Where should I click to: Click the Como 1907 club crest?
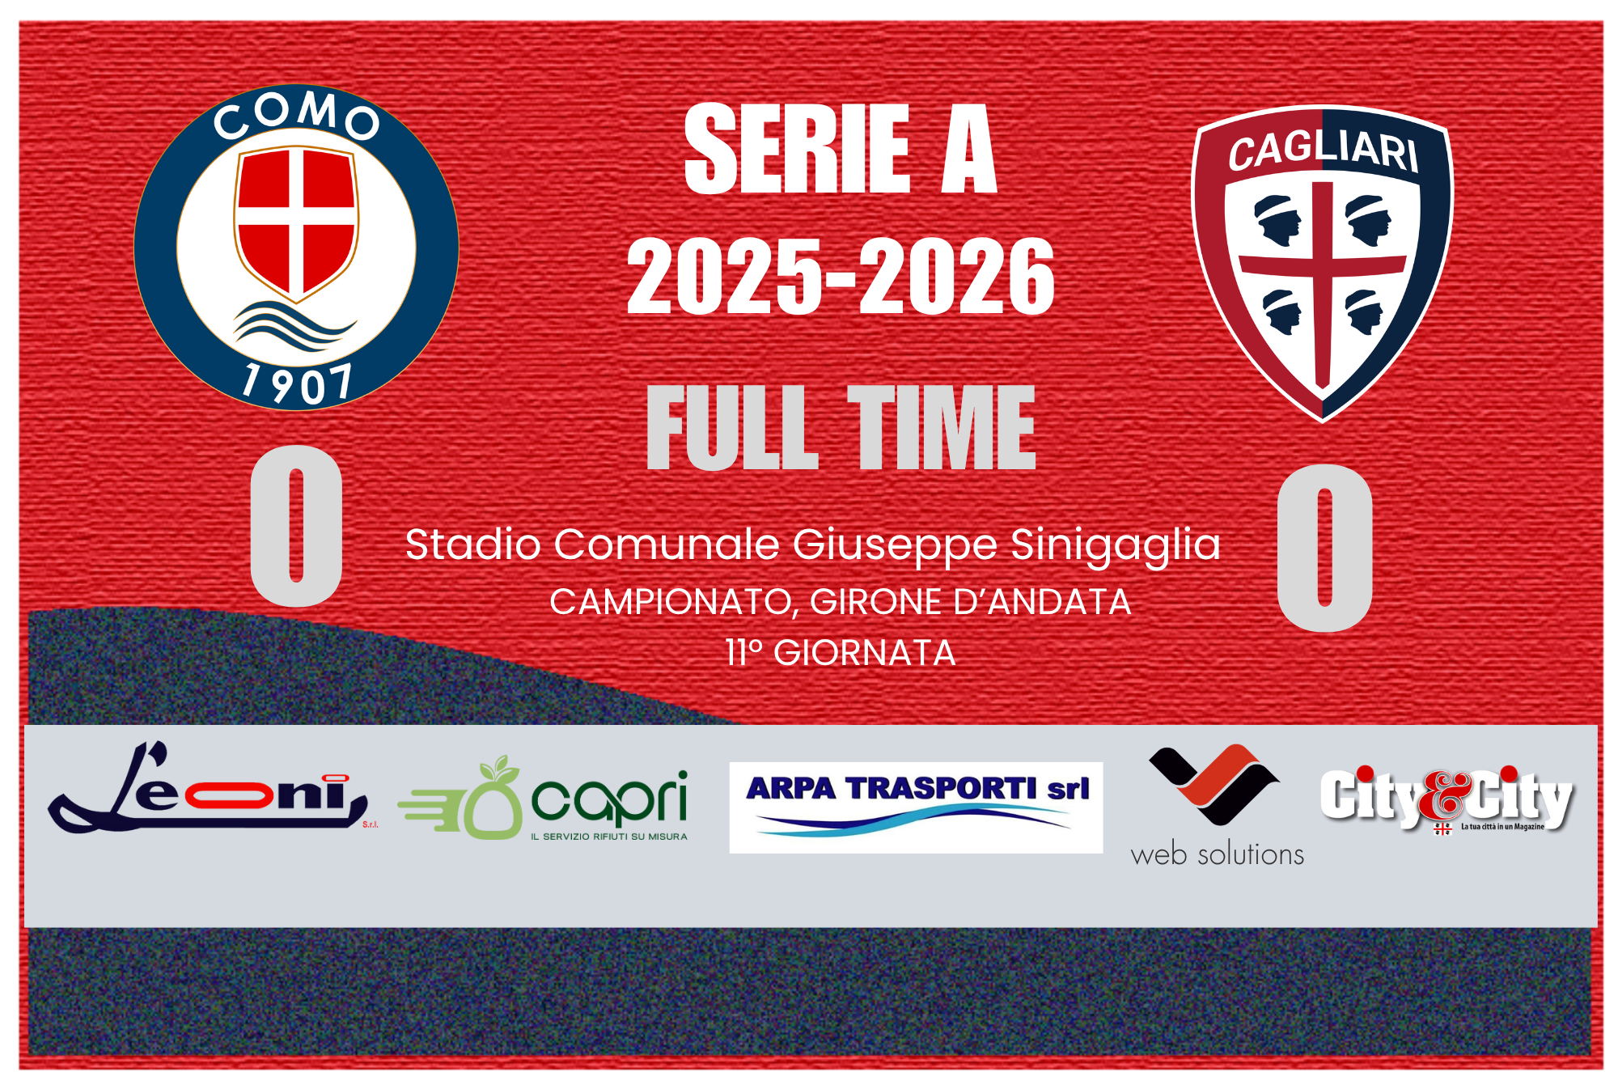pos(296,247)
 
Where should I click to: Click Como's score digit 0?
pos(297,525)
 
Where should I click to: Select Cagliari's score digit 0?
pos(1324,548)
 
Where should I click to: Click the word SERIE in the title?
pos(798,149)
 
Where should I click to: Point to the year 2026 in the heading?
pos(957,277)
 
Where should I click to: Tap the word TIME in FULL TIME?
pos(941,426)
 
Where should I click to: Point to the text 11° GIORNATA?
pos(841,653)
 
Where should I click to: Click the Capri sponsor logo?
pos(543,799)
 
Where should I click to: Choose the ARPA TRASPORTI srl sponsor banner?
pos(916,807)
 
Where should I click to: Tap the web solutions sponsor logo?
pos(1217,806)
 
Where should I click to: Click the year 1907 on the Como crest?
pos(297,383)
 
